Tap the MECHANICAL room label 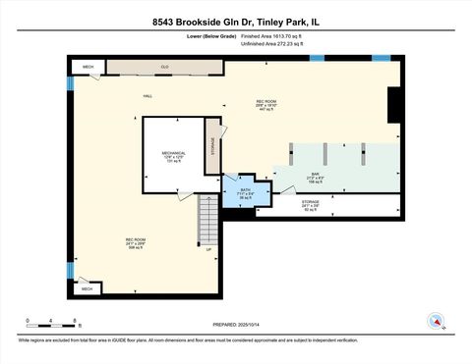pyautogui.click(x=174, y=153)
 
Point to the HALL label pyautogui.click(x=147, y=96)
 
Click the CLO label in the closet pyautogui.click(x=165, y=67)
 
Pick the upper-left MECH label pyautogui.click(x=88, y=67)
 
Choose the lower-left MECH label pyautogui.click(x=88, y=289)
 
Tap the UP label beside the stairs pyautogui.click(x=208, y=249)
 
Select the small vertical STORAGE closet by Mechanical pyautogui.click(x=213, y=145)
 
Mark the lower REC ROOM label pyautogui.click(x=135, y=241)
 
